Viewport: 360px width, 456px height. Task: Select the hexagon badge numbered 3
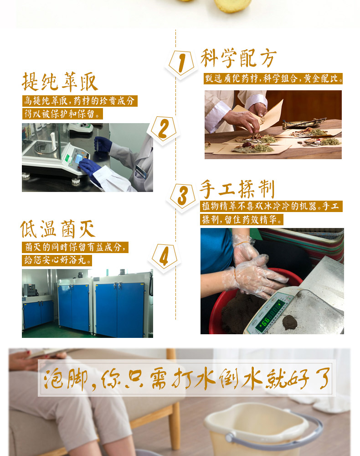coord(182,196)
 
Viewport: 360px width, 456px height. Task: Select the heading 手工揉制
coord(237,189)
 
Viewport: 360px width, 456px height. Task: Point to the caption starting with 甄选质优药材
coord(273,78)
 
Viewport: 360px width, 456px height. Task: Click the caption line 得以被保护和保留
coord(63,114)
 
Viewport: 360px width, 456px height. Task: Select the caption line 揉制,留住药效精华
coord(242,219)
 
